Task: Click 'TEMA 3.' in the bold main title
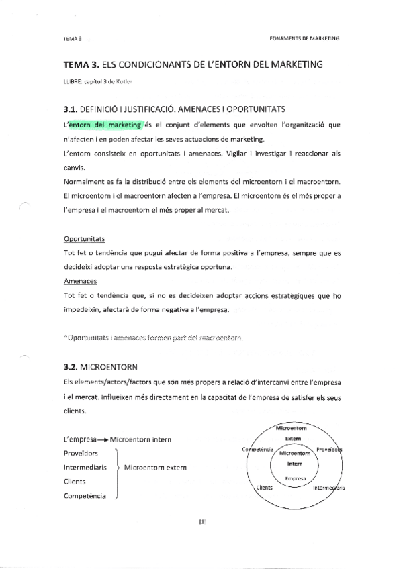(81, 64)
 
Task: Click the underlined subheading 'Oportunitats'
(84, 238)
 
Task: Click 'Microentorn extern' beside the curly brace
(155, 467)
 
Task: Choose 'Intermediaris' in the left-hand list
(85, 467)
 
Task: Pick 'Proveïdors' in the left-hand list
(81, 453)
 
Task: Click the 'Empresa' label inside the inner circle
(294, 478)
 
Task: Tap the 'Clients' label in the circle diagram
(264, 488)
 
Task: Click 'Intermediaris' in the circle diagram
(328, 488)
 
